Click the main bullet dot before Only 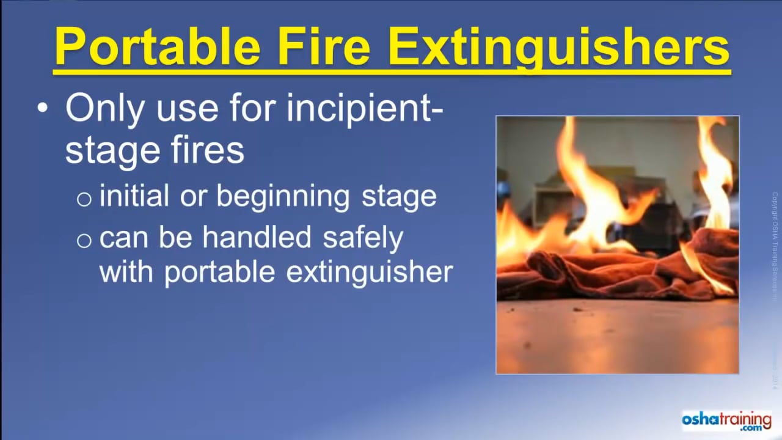[x=42, y=108]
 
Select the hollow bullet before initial [x=84, y=199]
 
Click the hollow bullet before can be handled [x=84, y=240]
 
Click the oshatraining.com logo [x=726, y=422]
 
